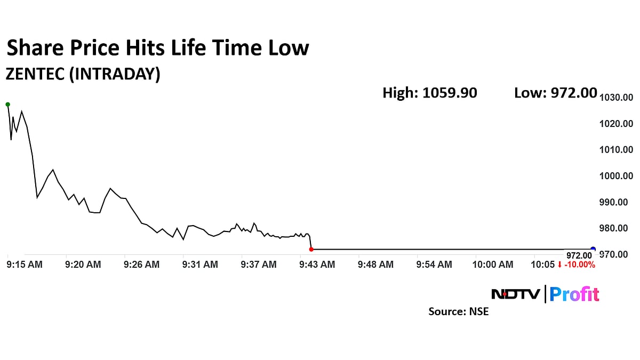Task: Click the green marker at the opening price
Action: [7, 104]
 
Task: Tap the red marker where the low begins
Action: [311, 249]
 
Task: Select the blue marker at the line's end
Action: [593, 249]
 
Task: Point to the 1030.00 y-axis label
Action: [616, 98]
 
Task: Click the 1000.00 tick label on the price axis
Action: [616, 176]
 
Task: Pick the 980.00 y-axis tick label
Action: [616, 228]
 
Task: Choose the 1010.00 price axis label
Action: [616, 150]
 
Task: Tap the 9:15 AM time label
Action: [24, 265]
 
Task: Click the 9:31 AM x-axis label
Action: [200, 265]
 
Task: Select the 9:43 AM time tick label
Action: [317, 265]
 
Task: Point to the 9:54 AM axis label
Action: [434, 265]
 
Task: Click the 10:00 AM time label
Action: [493, 265]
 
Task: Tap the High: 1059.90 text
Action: [430, 93]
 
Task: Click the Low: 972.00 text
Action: [555, 93]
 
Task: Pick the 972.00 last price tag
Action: [579, 255]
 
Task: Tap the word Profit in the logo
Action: [574, 294]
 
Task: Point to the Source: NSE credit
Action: [458, 311]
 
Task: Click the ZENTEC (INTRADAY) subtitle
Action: [83, 75]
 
